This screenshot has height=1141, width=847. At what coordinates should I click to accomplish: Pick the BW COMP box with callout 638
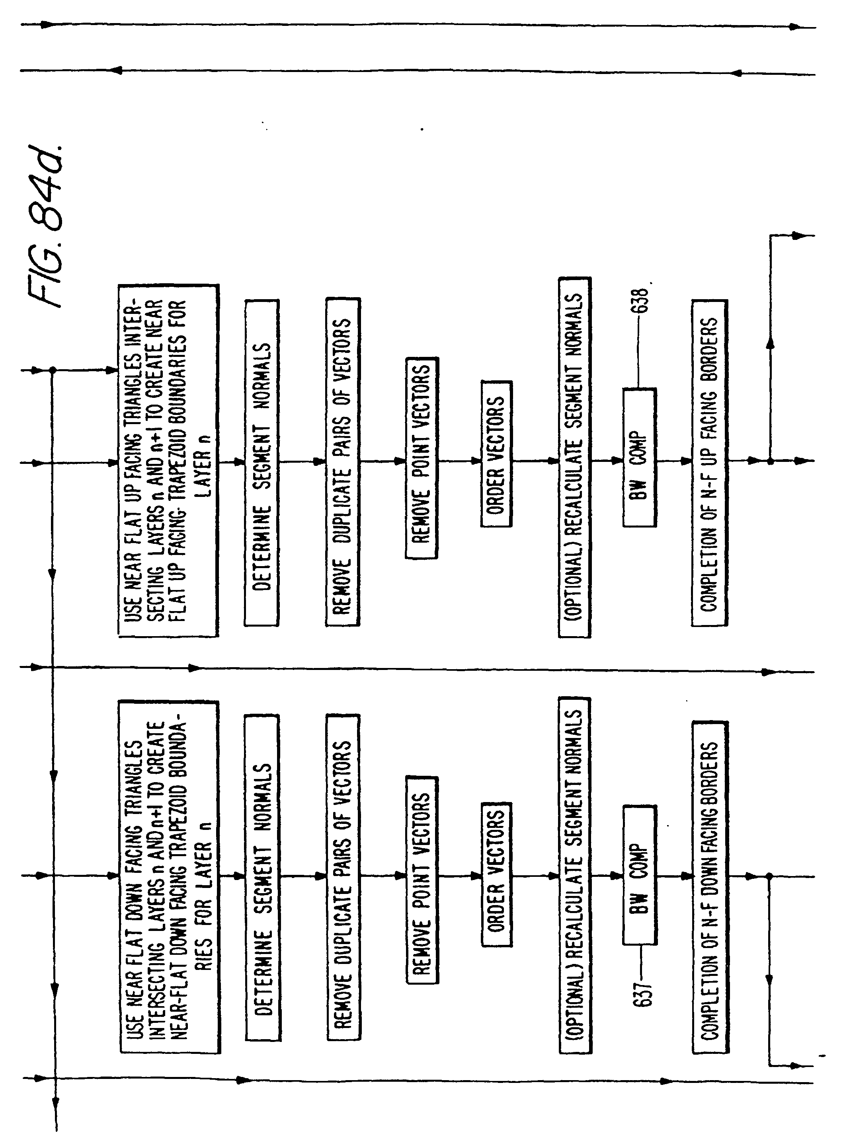pos(639,457)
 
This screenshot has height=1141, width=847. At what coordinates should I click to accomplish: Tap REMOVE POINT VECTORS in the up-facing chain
pos(422,458)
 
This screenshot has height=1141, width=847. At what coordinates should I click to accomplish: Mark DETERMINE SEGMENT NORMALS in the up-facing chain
pos(262,462)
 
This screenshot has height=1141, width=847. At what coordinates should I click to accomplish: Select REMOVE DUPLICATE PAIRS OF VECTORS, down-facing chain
pos(343,878)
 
